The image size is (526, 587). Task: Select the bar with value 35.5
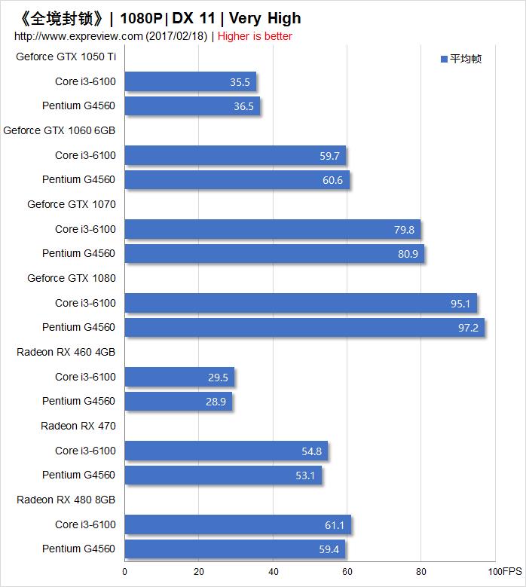190,81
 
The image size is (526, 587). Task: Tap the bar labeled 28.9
178,402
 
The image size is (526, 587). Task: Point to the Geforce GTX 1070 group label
72,204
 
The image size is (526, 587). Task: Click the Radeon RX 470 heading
78,426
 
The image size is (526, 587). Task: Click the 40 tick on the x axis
273,571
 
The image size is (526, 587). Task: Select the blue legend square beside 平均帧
445,59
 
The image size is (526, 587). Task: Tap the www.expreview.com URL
78,36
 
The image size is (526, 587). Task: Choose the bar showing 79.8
272,229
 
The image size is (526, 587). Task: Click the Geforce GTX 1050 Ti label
66,57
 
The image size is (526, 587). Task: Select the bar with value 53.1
223,475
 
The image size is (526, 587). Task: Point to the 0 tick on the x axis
125,571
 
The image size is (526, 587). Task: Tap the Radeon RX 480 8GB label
66,500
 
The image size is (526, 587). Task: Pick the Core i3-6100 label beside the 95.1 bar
85,303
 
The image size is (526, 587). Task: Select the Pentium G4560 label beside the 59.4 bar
78,549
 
